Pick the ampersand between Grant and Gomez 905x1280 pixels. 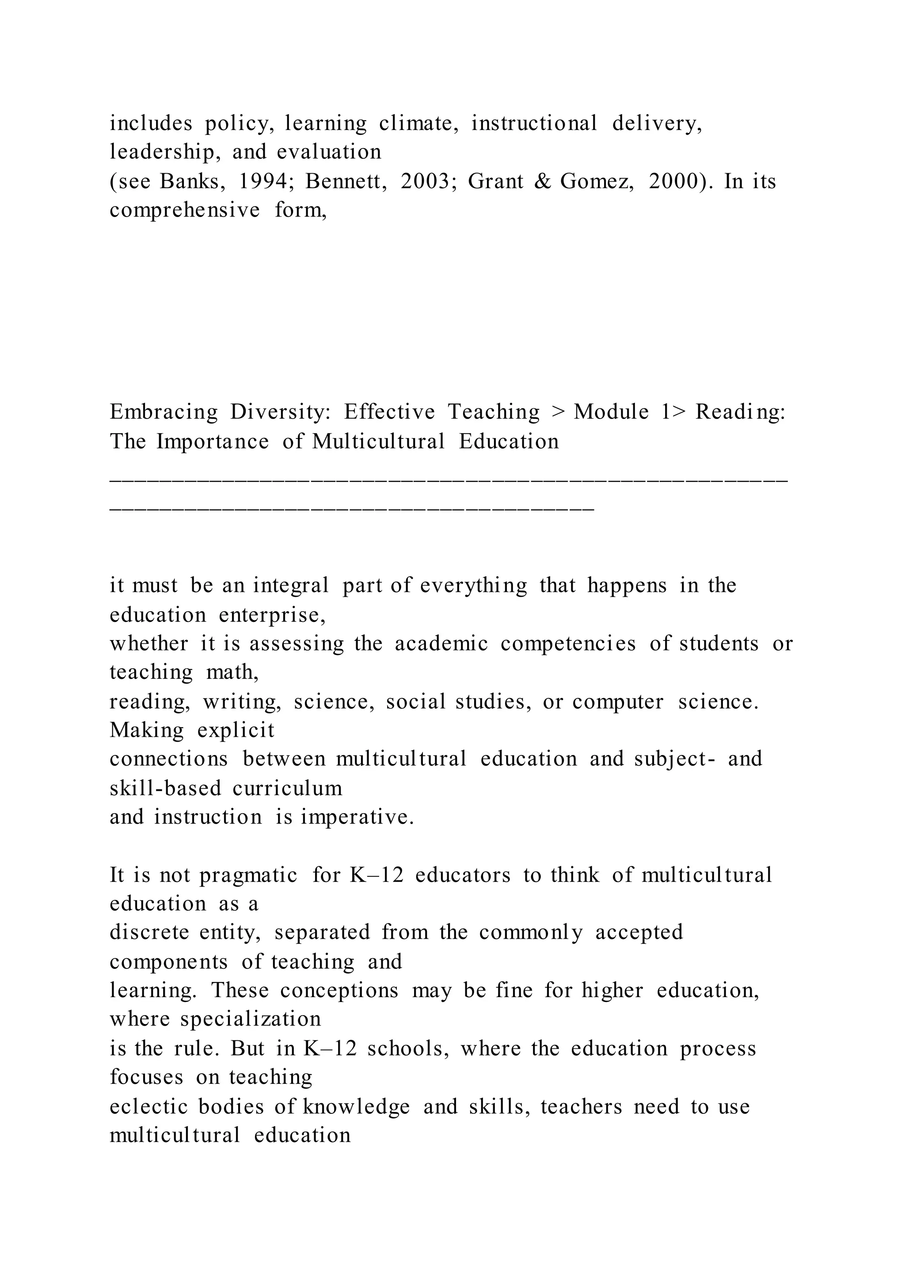tap(542, 181)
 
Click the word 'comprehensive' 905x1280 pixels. tap(184, 210)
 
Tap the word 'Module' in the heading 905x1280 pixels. tap(611, 412)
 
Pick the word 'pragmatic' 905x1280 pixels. tap(248, 875)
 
